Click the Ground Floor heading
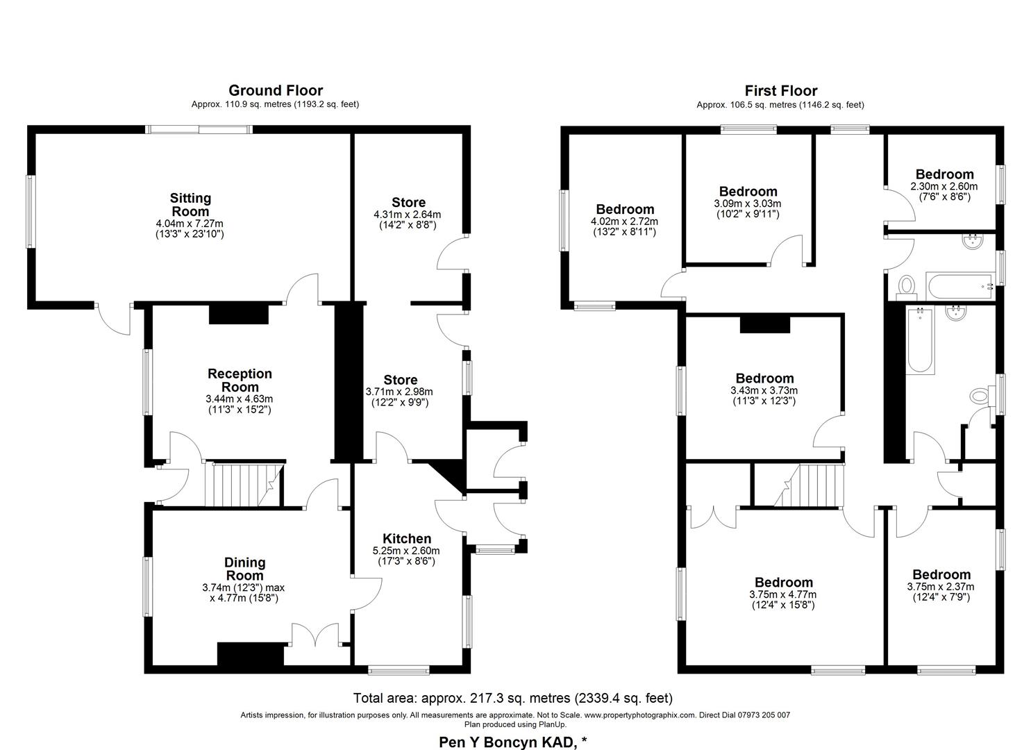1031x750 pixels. pos(275,90)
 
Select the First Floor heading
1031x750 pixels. pos(780,90)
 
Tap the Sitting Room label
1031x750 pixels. pos(190,205)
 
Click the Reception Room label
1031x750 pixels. pos(240,381)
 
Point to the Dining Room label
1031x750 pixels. pos(244,569)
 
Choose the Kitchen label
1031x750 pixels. pos(407,539)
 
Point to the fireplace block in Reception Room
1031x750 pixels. pos(238,315)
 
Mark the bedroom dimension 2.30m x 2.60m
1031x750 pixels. pos(944,186)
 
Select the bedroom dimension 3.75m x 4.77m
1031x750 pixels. pos(782,594)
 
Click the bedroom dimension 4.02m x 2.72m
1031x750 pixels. pos(624,221)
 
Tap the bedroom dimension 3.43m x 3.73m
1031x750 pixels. pos(764,390)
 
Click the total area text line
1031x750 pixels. pos(512,698)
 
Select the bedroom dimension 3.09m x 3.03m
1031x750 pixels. pos(747,203)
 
